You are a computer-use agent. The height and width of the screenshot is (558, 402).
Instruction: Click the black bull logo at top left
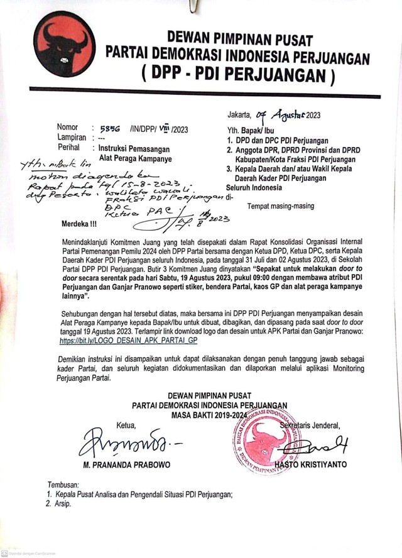click(x=62, y=45)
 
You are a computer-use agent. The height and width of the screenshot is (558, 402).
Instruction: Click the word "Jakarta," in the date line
click(x=240, y=116)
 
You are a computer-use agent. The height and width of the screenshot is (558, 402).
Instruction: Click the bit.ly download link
click(x=129, y=339)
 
